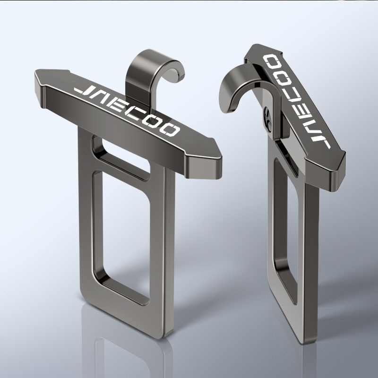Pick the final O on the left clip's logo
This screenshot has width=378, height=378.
click(168, 130)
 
